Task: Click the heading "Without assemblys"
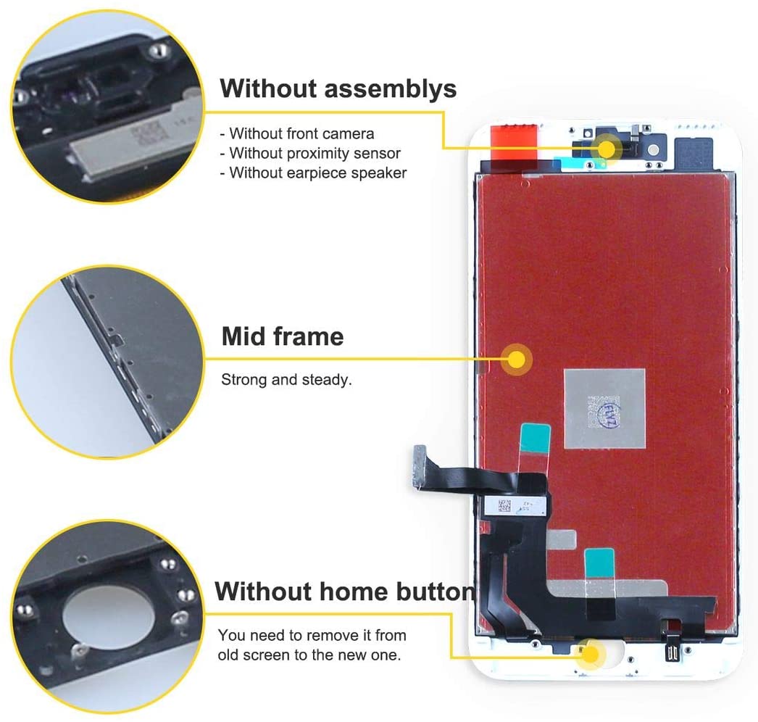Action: click(x=338, y=88)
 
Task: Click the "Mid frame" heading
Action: click(x=283, y=336)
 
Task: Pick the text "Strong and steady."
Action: click(x=286, y=379)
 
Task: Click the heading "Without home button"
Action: click(x=345, y=592)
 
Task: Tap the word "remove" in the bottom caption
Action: click(x=330, y=636)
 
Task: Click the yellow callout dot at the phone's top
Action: click(x=606, y=149)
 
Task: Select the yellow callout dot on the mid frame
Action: click(x=517, y=359)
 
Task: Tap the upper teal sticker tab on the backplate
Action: click(x=535, y=438)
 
